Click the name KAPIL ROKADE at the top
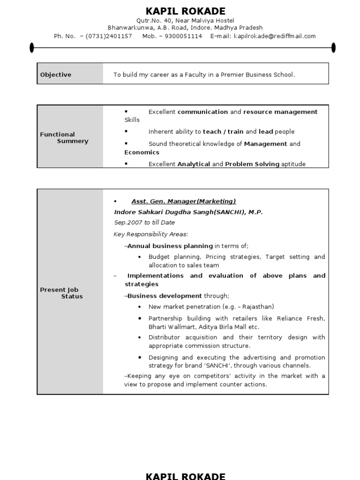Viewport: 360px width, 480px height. click(186, 11)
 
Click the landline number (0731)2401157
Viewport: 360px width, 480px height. click(109, 36)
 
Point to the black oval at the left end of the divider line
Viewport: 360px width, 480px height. click(32, 47)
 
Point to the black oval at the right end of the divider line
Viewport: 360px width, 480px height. click(333, 47)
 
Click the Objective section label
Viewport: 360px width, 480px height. click(56, 75)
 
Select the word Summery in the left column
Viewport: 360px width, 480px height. click(72, 141)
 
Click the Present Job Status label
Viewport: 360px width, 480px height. click(61, 293)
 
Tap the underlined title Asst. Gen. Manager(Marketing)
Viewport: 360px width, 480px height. click(183, 201)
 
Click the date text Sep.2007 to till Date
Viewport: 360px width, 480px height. click(144, 223)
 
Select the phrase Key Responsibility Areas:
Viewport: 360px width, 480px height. click(150, 234)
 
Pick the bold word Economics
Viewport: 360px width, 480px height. click(142, 152)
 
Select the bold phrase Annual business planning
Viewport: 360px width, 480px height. click(170, 246)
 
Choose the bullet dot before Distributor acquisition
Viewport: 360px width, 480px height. click(140, 337)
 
